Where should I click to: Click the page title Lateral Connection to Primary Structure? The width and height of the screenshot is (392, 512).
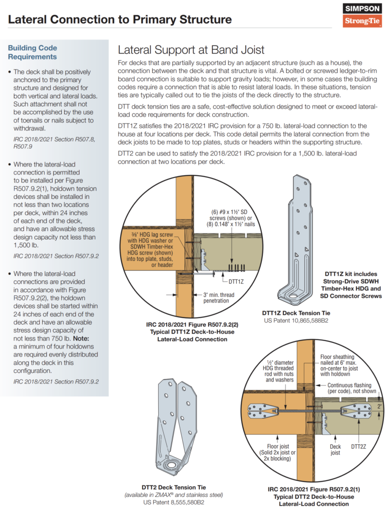pos(120,19)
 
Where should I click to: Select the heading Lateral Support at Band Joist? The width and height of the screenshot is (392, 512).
pos(191,50)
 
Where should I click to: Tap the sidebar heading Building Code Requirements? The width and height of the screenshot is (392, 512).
pos(33,52)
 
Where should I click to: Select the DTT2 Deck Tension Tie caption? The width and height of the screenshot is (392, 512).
pos(174,487)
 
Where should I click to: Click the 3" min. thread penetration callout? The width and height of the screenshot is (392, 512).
pos(219,298)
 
